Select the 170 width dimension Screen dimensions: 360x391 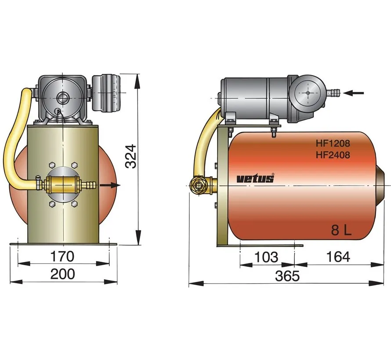(x=62, y=256)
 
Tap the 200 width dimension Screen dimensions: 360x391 (x=62, y=274)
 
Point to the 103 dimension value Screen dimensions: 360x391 (x=266, y=257)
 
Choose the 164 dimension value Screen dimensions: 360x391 (x=338, y=257)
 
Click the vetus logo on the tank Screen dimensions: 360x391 (x=255, y=178)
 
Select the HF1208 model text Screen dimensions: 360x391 (x=332, y=143)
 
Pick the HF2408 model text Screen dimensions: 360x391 (x=332, y=155)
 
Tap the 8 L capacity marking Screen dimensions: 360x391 (x=341, y=230)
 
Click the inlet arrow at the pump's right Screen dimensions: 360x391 (x=354, y=93)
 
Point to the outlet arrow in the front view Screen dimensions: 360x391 (x=109, y=185)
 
